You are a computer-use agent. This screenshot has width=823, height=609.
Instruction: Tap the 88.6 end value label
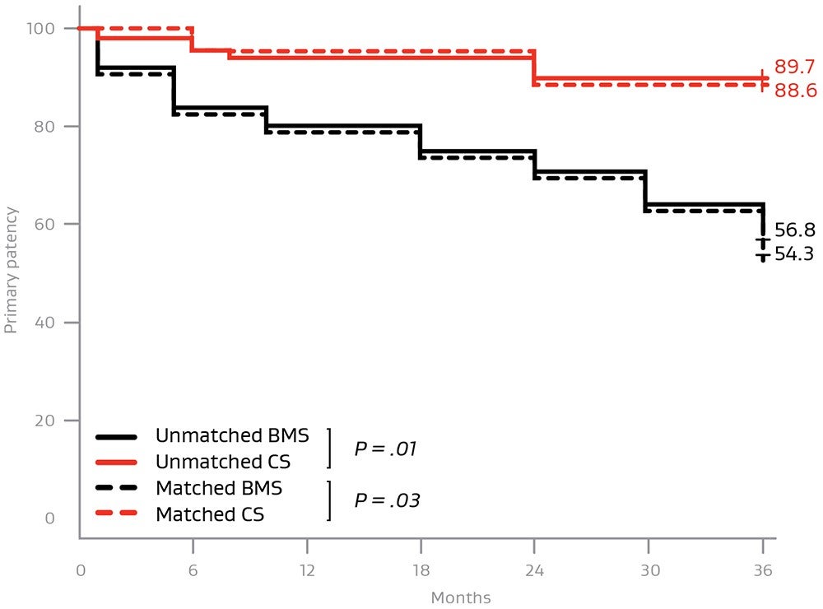pos(794,91)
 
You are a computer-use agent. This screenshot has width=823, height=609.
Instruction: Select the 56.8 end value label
pos(794,231)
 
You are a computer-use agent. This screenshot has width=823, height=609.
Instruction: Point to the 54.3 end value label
pos(794,254)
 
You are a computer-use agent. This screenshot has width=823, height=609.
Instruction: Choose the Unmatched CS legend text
pos(222,463)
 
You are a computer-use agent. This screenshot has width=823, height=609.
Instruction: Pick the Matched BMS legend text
pos(219,488)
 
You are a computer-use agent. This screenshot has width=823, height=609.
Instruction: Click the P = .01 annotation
pos(386,449)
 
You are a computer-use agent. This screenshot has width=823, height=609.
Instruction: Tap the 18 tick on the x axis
pos(421,570)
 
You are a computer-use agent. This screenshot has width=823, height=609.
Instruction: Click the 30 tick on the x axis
pos(647,570)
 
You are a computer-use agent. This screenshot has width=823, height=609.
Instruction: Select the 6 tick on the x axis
pos(193,570)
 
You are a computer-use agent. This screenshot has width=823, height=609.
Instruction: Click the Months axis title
pos(461,597)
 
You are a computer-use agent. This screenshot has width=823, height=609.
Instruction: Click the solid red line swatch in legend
pos(119,463)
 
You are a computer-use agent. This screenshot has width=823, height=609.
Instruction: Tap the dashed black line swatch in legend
pos(119,489)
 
